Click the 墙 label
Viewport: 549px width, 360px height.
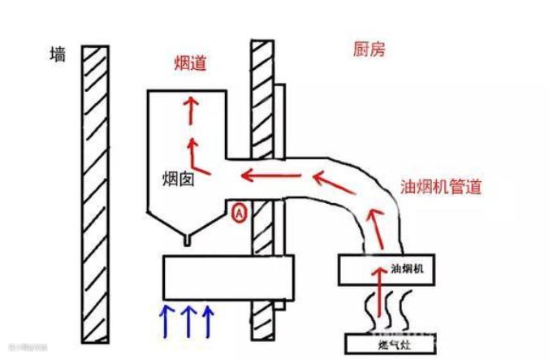coord(58,55)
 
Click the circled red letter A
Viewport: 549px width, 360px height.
coord(239,214)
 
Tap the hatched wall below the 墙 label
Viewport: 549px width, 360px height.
coord(95,187)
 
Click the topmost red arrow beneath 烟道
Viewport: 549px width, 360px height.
coord(192,110)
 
